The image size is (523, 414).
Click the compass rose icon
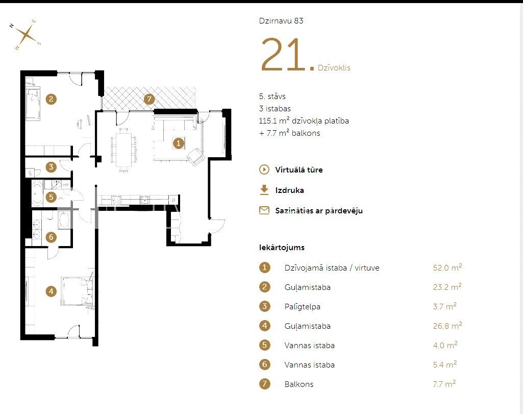pos(26,35)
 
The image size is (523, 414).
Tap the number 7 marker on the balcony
pos(149,99)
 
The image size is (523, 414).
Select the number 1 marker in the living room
pos(179,143)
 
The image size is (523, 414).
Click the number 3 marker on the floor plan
pos(51,167)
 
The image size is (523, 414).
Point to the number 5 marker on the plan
pos(51,197)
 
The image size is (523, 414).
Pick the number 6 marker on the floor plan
pos(51,237)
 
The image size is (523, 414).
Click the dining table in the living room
pos(124,150)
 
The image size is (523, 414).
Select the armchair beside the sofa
pos(196,156)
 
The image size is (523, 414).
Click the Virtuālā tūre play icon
pos(264,169)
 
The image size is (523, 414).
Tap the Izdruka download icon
pos(264,190)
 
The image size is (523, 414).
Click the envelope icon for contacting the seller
pos(264,210)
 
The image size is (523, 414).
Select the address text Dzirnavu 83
pos(281,21)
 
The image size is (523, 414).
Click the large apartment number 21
pos(283,55)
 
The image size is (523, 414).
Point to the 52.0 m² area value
pos(447,267)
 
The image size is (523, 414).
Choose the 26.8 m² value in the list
pos(447,325)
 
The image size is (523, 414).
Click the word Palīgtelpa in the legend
pos(302,307)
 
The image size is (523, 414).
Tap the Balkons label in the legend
pos(299,384)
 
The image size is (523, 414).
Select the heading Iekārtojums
pos(282,248)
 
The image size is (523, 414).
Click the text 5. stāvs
pos(272,96)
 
